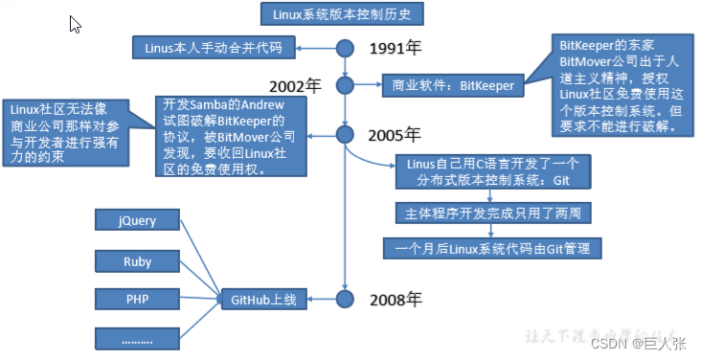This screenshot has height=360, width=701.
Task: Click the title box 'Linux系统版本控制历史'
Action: point(342,14)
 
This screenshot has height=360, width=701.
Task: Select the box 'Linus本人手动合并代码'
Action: point(215,47)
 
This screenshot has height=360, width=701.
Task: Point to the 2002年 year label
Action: point(297,85)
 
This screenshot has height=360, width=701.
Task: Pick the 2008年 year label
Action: point(396,299)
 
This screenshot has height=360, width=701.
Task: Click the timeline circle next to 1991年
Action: point(347,47)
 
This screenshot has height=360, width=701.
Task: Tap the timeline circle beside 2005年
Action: point(347,133)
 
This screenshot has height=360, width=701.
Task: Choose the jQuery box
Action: point(137,221)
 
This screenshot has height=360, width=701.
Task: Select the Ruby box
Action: point(137,260)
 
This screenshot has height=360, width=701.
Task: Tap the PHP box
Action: point(137,299)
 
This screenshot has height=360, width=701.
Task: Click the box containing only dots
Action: point(137,337)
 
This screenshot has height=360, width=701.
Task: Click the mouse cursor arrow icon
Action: point(75,24)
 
